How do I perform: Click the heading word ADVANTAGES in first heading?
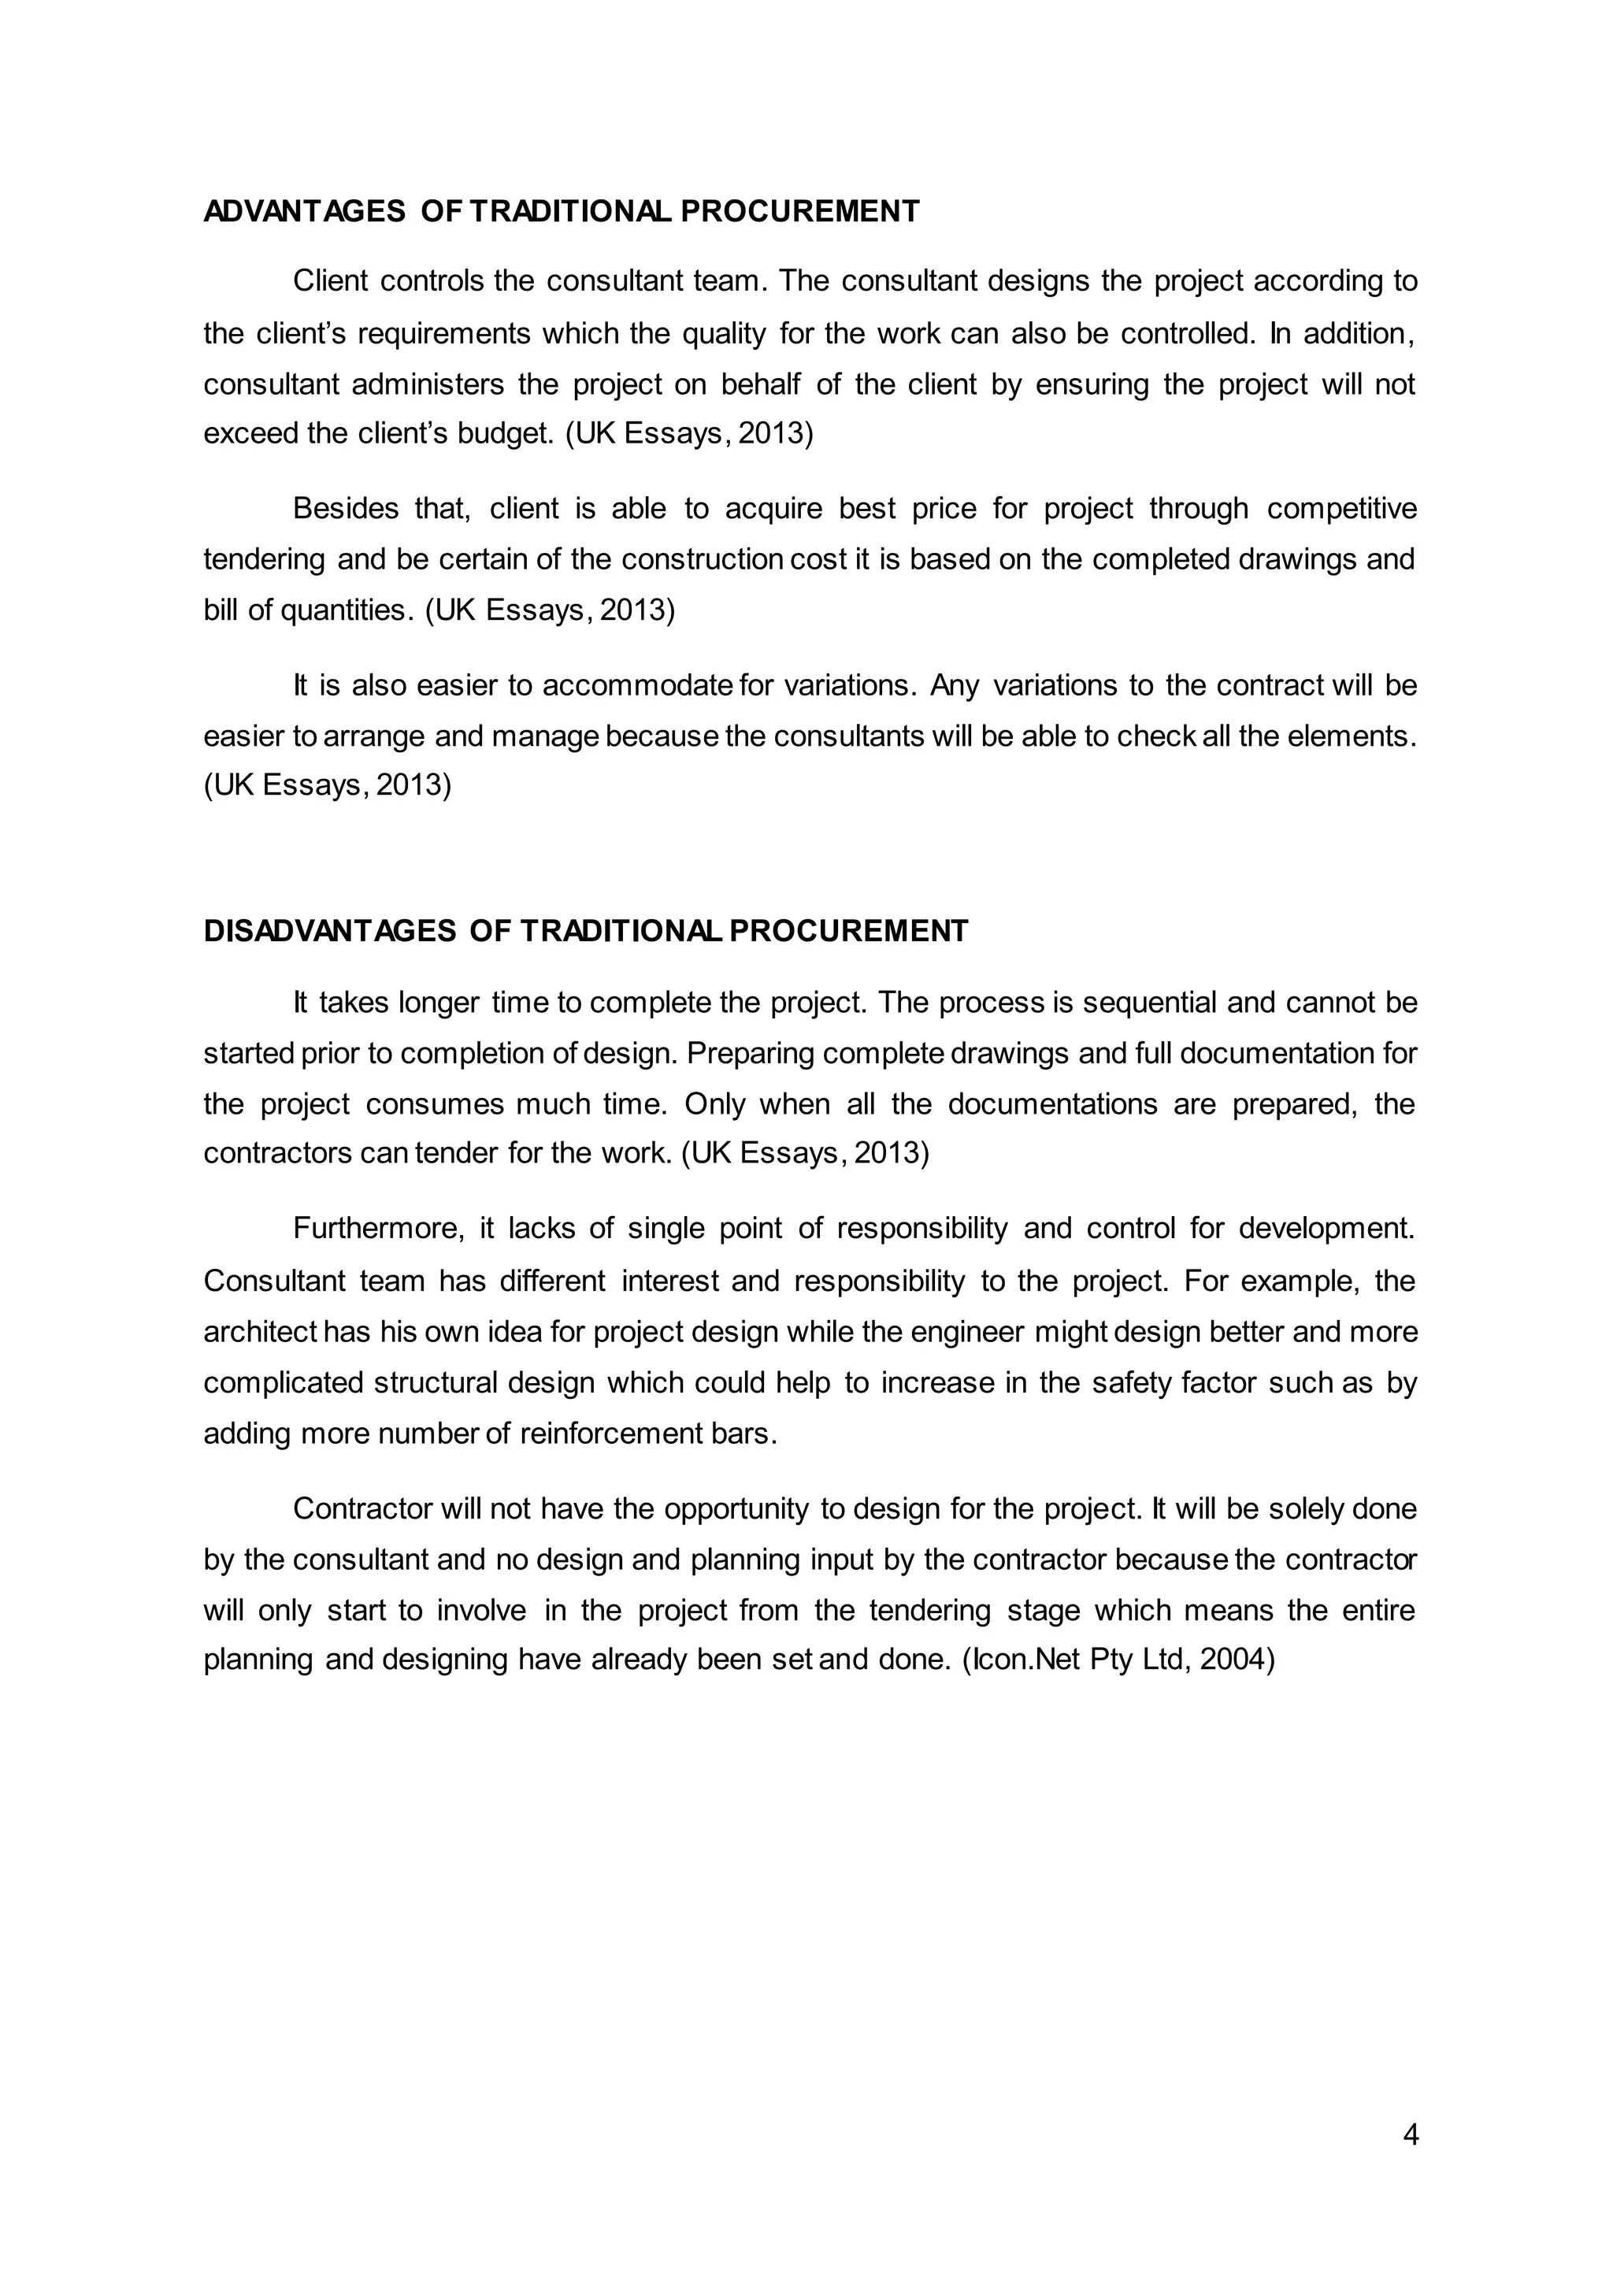[304, 212]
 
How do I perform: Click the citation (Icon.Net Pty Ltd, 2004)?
[1118, 1660]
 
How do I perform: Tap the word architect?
[260, 1331]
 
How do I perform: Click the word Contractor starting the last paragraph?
[362, 1509]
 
